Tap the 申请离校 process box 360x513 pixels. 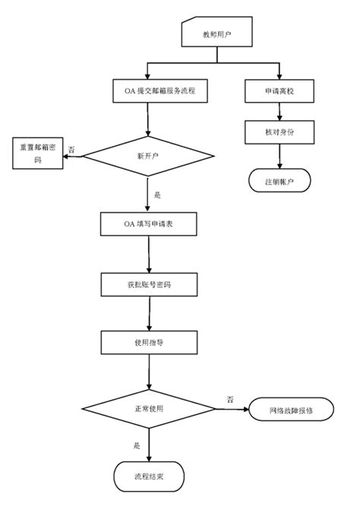pyautogui.click(x=280, y=91)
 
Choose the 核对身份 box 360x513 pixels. pyautogui.click(x=280, y=132)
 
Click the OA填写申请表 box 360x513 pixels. pyautogui.click(x=150, y=224)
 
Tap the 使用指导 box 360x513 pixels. pyautogui.click(x=150, y=343)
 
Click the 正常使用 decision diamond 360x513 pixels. pyautogui.click(x=150, y=409)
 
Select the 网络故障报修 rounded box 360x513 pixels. pyautogui.click(x=291, y=410)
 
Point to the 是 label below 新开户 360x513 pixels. pyautogui.click(x=157, y=195)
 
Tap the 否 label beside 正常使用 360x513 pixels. pyautogui.click(x=230, y=399)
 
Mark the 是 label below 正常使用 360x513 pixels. pyautogui.click(x=137, y=445)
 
